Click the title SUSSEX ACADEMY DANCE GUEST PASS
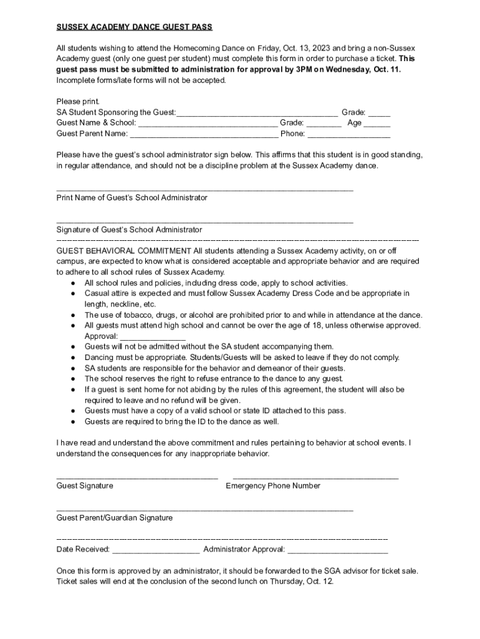pos(134,27)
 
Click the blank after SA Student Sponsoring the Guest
pos(256,112)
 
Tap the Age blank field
pos(377,123)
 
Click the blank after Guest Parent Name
pos(204,134)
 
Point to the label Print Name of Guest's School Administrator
pos(132,197)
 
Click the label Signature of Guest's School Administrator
pos(129,230)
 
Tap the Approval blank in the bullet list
pos(152,336)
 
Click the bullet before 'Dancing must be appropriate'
pos(74,358)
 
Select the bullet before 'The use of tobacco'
pos(74,315)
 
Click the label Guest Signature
pos(85,485)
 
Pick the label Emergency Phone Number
pos(273,485)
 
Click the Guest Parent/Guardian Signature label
pos(115,518)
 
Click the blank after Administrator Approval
pos(337,550)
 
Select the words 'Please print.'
pos(78,101)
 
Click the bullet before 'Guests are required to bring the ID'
pos(74,421)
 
